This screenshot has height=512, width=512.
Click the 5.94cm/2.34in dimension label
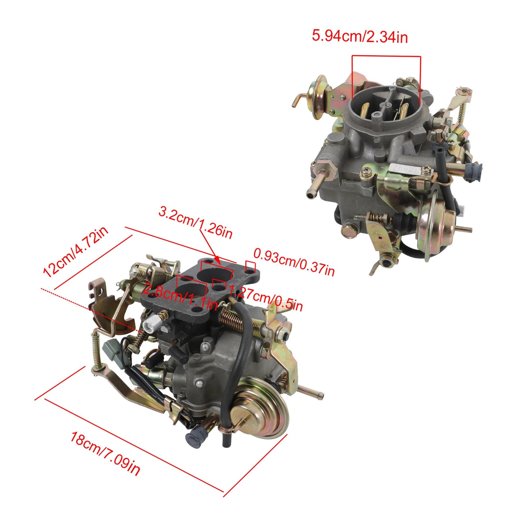pos(360,36)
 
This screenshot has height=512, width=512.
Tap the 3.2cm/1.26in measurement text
pos(196,222)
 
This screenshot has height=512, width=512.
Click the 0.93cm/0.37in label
pos(294,262)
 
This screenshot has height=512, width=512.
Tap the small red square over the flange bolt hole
pos(250,266)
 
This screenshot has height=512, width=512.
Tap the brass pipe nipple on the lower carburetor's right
pos(312,393)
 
